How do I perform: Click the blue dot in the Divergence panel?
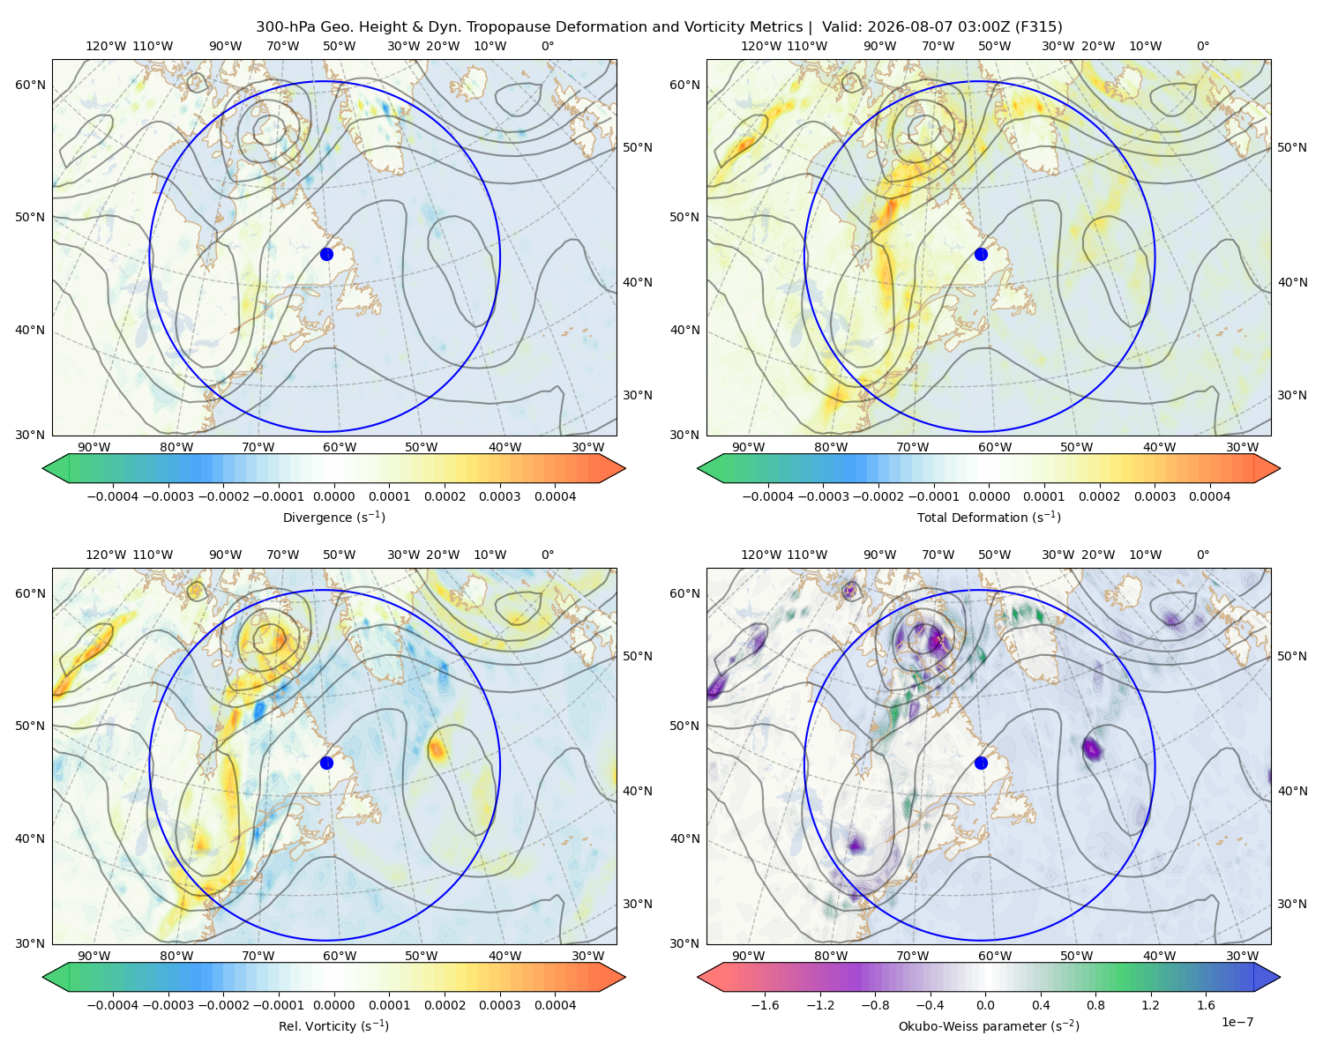[x=326, y=254]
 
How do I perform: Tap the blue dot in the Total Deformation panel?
[x=981, y=254]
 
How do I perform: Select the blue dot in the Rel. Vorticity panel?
[x=326, y=763]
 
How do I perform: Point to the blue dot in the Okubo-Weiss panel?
[x=981, y=763]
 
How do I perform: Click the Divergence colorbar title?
[x=333, y=517]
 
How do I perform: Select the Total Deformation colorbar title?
[x=989, y=517]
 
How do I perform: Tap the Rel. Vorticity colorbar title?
[x=333, y=1025]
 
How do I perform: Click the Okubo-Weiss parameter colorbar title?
[x=989, y=1025]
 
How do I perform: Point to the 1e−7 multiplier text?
[x=1237, y=1022]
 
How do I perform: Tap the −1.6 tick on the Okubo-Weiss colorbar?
[x=765, y=1005]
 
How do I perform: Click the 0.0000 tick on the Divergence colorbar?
[x=333, y=496]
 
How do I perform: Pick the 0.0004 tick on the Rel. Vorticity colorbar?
[x=555, y=1005]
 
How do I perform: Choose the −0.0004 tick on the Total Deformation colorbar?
[x=768, y=496]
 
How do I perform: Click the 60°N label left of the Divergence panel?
[x=30, y=85]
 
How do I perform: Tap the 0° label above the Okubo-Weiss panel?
[x=1202, y=555]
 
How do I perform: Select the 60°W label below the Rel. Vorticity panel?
[x=340, y=956]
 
